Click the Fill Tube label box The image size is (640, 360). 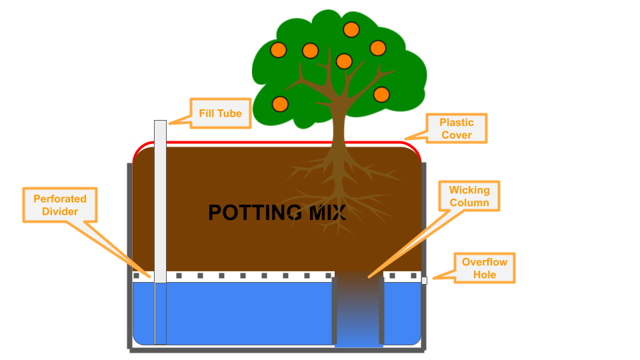(x=221, y=113)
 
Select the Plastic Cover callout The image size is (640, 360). (x=456, y=129)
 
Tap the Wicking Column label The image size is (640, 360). (x=469, y=197)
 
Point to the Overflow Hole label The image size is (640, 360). (x=485, y=268)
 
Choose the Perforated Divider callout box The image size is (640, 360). (x=60, y=205)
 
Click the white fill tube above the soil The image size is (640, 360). (x=160, y=133)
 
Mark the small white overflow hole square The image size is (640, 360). (x=424, y=281)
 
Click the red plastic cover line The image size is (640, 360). (x=280, y=142)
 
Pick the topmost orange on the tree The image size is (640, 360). (x=351, y=29)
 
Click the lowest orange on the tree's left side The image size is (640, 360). (x=280, y=104)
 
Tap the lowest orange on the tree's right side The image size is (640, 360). (x=381, y=94)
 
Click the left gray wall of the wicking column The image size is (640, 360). (x=335, y=310)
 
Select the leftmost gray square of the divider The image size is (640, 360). (x=136, y=275)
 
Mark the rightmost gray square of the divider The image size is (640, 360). (x=414, y=275)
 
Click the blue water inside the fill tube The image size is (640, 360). (x=160, y=313)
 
